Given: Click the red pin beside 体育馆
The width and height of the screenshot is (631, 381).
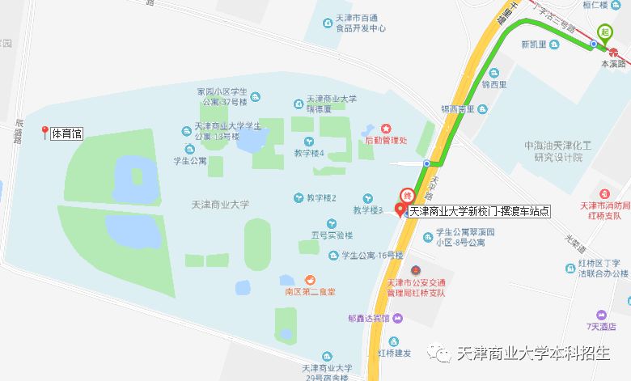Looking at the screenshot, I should [44, 133].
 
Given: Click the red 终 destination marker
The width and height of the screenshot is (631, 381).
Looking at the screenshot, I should [407, 195].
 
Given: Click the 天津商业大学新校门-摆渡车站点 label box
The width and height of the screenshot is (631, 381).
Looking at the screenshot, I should [468, 211].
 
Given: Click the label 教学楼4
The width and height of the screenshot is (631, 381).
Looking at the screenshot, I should [309, 153].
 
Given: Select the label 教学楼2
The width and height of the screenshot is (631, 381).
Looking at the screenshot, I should [321, 198].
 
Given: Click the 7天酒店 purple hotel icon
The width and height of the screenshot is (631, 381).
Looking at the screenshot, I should [600, 315].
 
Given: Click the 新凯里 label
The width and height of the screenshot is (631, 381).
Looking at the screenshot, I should [535, 44].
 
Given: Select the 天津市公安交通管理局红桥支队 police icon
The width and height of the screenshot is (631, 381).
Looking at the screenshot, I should [416, 269].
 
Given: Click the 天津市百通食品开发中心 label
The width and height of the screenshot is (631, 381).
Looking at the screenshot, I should [359, 22].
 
